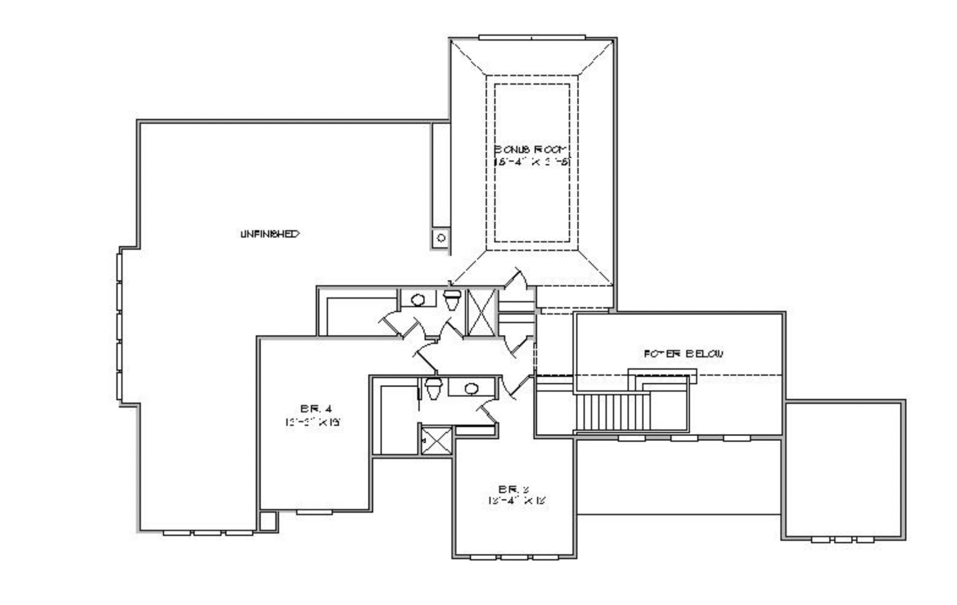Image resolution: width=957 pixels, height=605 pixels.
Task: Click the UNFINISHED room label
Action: tap(270, 234)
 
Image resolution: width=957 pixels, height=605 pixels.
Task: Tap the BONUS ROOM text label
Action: tap(532, 149)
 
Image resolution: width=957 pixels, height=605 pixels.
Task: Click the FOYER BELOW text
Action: tap(684, 354)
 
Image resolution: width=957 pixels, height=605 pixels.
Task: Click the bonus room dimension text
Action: tap(532, 162)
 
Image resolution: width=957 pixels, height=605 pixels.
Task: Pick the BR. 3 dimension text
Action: tap(517, 501)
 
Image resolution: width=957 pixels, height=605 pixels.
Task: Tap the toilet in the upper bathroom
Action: tap(452, 299)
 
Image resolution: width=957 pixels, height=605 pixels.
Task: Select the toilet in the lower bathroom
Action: tap(433, 388)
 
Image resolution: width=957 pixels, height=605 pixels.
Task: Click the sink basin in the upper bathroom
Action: tap(418, 299)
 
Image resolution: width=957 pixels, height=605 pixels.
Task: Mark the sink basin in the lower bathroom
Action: tap(471, 388)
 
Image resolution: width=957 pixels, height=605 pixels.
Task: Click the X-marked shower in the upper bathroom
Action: tap(481, 312)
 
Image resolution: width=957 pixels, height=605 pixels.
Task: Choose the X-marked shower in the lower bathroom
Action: tap(436, 440)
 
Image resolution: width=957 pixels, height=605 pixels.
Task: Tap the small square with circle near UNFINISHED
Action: tap(441, 238)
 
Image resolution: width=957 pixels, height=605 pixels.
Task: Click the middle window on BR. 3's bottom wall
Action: tap(514, 557)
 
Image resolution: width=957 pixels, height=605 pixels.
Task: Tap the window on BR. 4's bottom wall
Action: tap(314, 512)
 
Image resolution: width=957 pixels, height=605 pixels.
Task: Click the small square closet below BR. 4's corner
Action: tap(268, 521)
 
